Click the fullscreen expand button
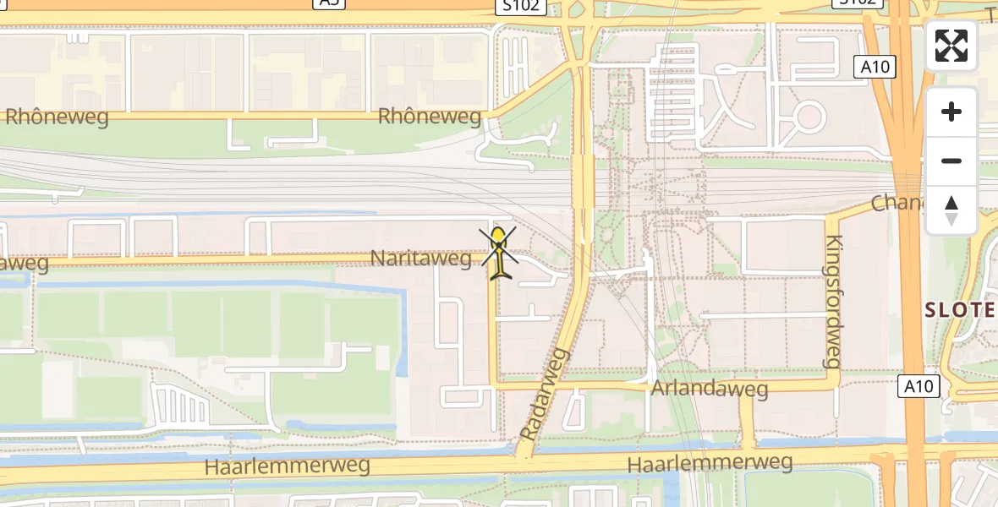click(951, 46)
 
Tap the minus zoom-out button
click(951, 161)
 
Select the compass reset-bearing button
click(951, 210)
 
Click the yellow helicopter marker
click(500, 251)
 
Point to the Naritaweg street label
click(420, 259)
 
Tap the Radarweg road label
click(546, 393)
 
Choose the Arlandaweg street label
click(710, 389)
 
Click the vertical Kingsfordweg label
click(833, 301)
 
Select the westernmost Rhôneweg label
click(57, 117)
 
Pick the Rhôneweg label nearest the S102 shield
click(430, 117)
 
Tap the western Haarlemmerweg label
click(288, 466)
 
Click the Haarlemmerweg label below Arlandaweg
click(710, 463)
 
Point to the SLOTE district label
click(960, 310)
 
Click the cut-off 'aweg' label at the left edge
click(24, 264)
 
